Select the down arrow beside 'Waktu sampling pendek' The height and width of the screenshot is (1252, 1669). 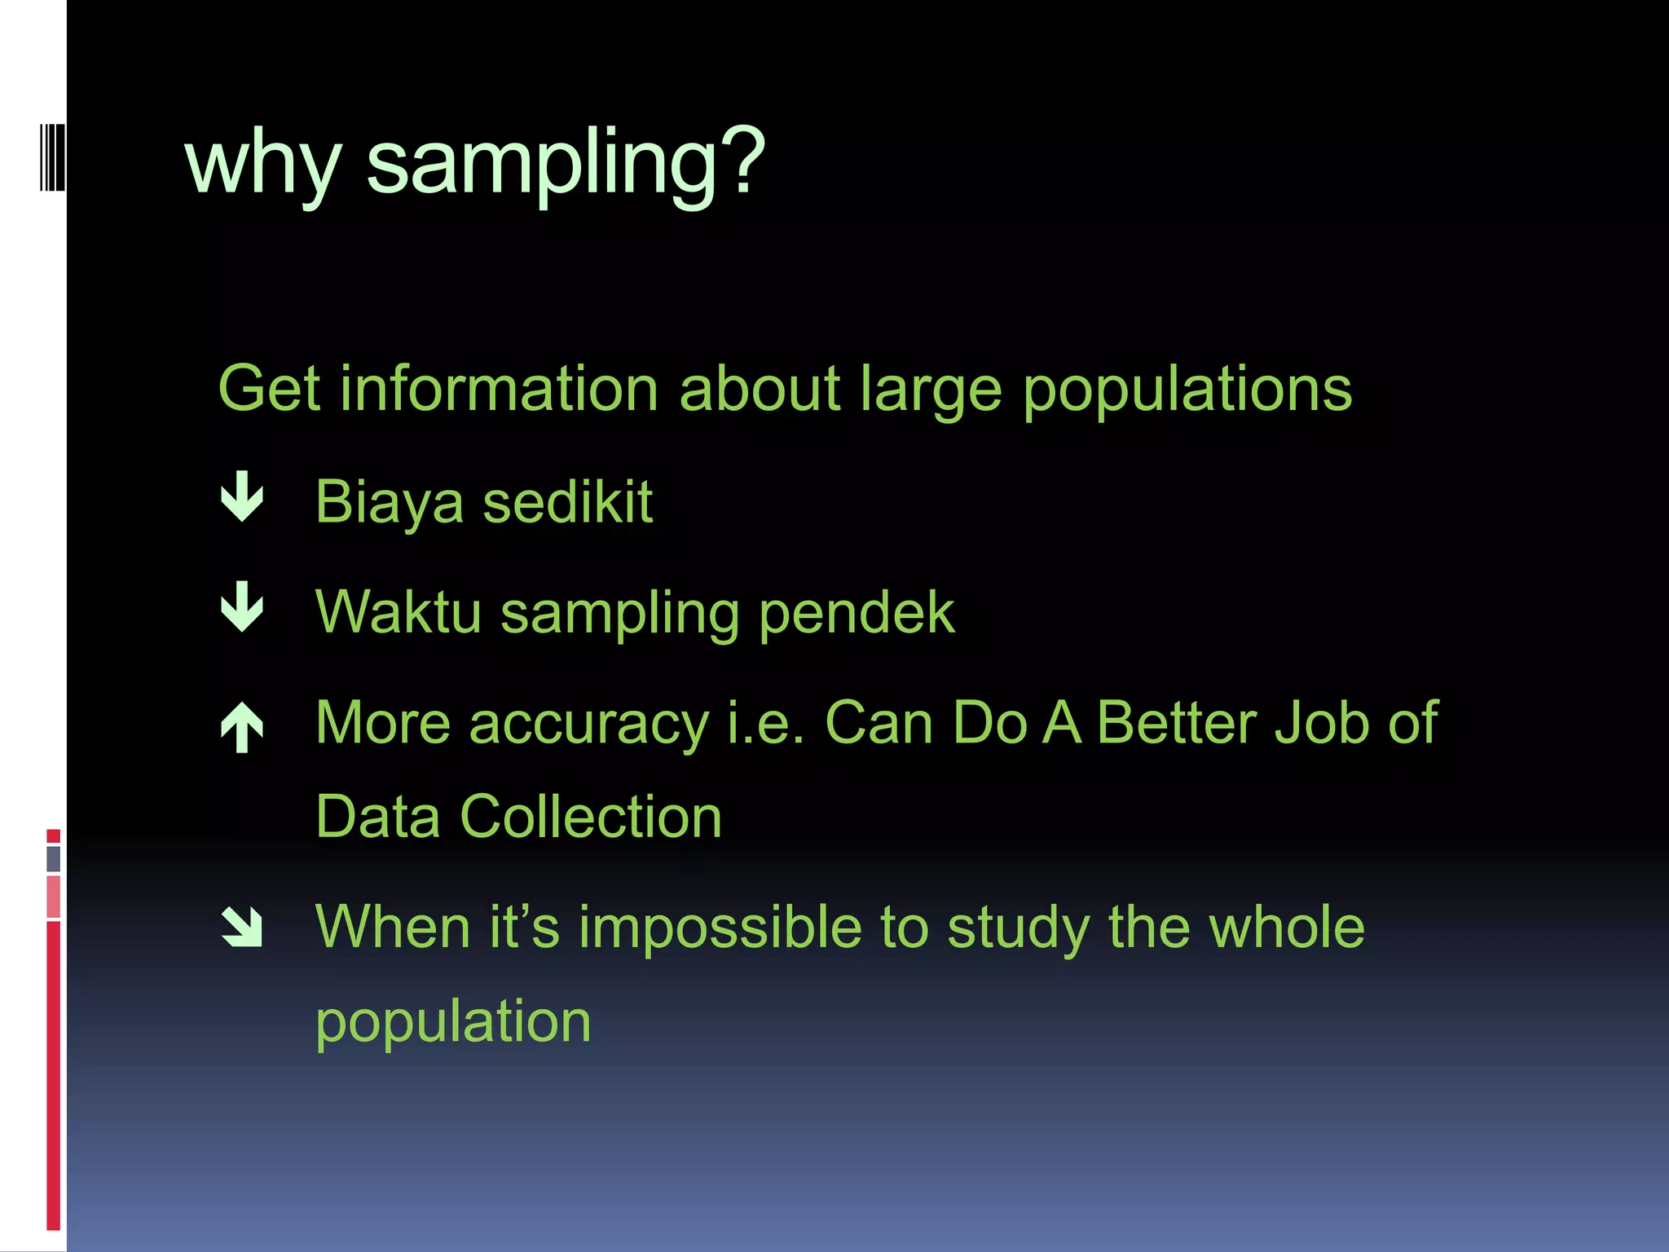[242, 607]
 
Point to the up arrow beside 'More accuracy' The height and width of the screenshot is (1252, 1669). [242, 726]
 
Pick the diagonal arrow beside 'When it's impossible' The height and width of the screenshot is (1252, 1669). [242, 928]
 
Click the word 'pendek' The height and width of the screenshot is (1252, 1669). [857, 613]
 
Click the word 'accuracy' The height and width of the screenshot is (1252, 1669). [588, 725]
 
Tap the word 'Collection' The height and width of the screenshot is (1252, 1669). [591, 817]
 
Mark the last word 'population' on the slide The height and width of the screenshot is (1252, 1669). [453, 1023]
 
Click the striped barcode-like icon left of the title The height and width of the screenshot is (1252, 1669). [52, 157]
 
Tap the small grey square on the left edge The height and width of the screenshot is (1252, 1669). [54, 858]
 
